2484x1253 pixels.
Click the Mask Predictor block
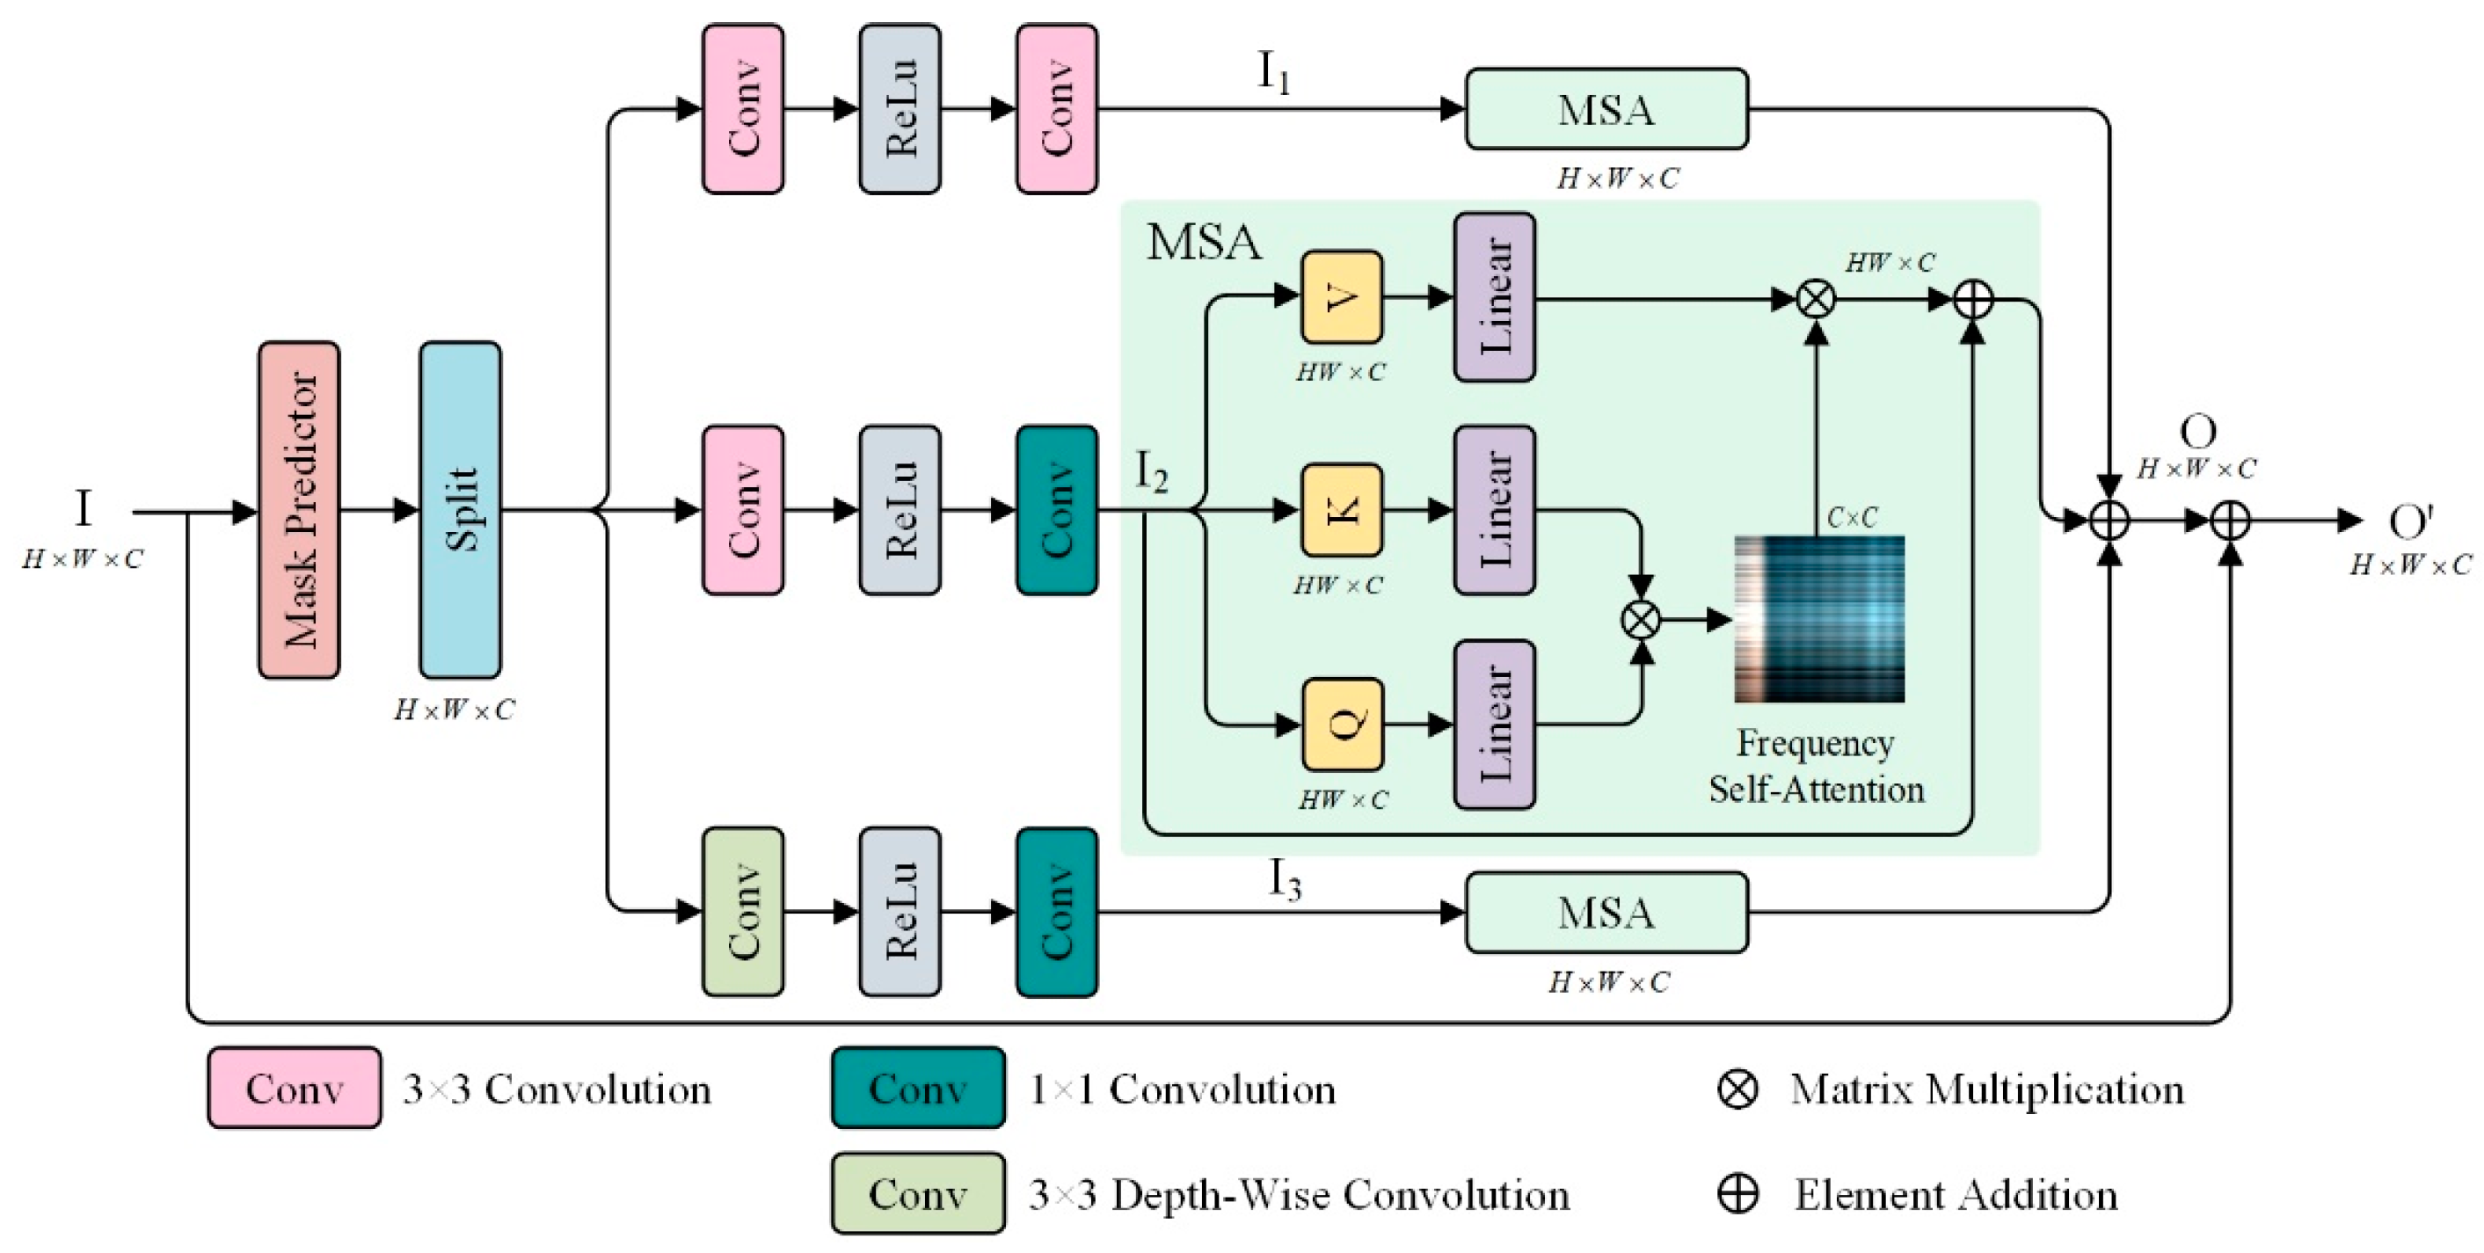click(299, 509)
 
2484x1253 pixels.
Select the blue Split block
click(460, 509)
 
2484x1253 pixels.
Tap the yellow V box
click(1341, 297)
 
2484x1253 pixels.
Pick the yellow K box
click(1341, 510)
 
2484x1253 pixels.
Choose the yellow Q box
click(1343, 724)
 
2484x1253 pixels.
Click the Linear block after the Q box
click(1495, 724)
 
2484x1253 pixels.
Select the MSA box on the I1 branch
click(1606, 109)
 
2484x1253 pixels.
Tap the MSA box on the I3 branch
click(1606, 913)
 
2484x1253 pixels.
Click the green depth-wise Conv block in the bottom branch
click(742, 912)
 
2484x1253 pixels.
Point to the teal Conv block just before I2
click(1057, 510)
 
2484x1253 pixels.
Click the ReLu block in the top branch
click(900, 109)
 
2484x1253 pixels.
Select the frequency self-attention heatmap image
click(1818, 618)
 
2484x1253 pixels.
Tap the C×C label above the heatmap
click(1853, 518)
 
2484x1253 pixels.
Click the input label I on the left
click(83, 508)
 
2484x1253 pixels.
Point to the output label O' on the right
click(2410, 521)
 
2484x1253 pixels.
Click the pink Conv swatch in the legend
click(294, 1088)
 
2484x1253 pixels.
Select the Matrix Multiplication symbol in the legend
click(1737, 1089)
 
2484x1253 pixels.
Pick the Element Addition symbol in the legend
click(1737, 1194)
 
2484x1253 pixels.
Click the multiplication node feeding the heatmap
click(1640, 619)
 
